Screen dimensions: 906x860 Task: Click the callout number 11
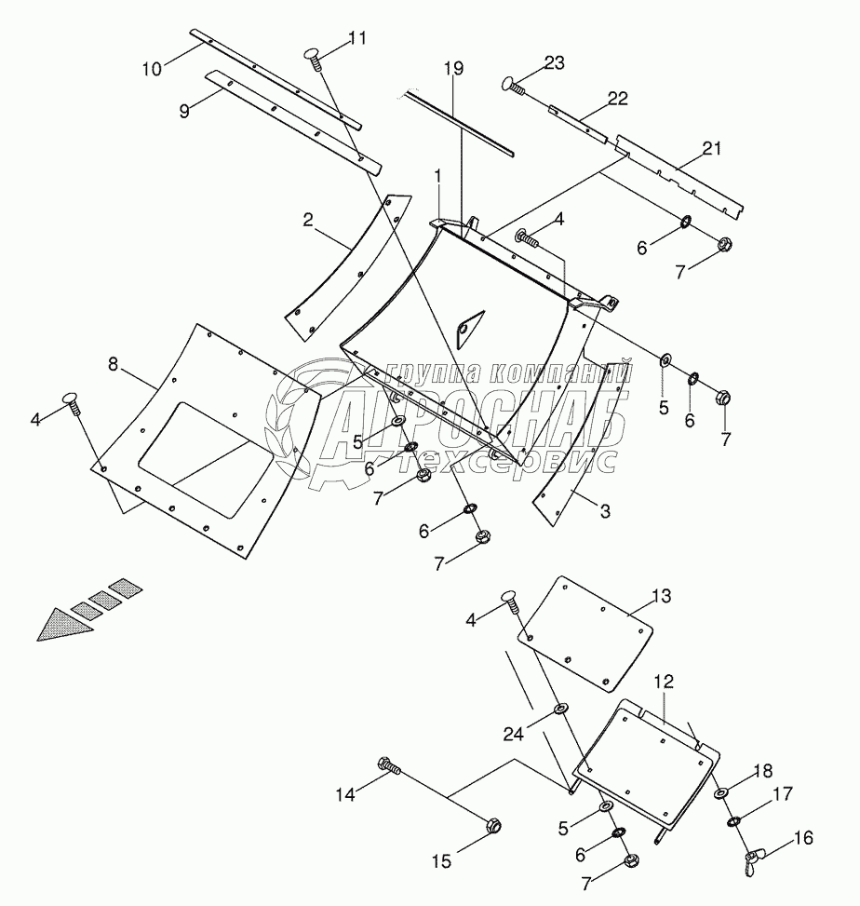356,38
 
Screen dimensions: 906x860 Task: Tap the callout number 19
453,69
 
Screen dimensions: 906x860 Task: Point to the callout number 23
554,64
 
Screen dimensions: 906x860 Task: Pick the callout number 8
113,364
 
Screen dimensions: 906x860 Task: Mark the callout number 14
344,793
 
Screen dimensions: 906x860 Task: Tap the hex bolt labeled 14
389,767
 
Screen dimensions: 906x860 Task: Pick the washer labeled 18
722,793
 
